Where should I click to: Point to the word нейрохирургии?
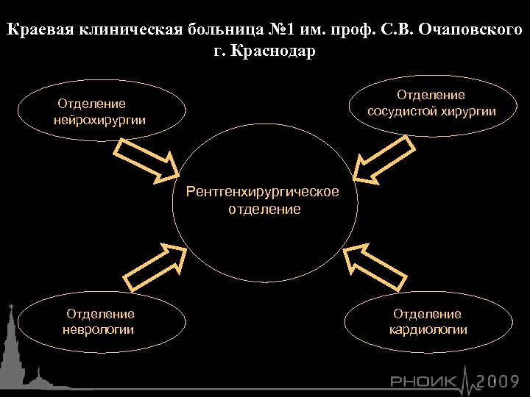pos(100,119)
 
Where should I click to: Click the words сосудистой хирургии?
pos(432,111)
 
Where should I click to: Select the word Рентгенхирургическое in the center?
pos(264,192)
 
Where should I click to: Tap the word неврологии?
pos(100,329)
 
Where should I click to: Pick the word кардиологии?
pos(428,329)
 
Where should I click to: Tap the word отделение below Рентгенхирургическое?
pos(264,210)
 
